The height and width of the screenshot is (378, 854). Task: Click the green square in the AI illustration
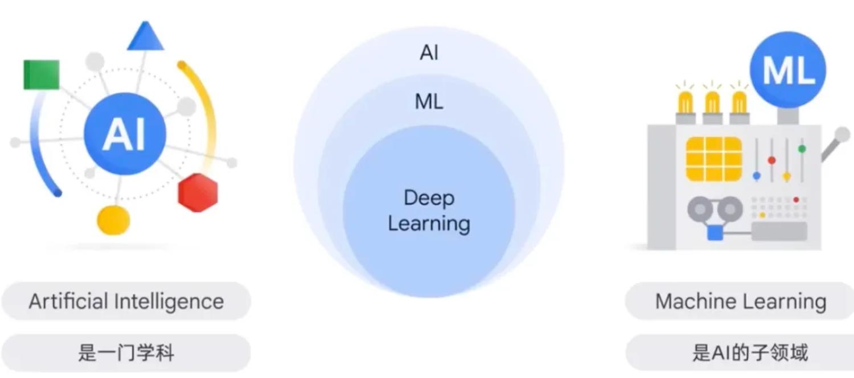click(x=42, y=75)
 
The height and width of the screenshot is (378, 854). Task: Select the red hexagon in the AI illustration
click(x=198, y=192)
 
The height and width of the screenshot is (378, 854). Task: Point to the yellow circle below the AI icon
click(x=113, y=220)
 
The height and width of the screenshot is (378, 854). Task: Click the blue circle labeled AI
click(x=125, y=134)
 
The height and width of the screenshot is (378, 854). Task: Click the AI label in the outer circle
click(x=429, y=52)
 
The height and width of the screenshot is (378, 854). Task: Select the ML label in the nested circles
click(x=429, y=102)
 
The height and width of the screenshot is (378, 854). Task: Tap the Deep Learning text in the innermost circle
click(x=429, y=210)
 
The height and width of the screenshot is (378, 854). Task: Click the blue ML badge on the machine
click(x=787, y=69)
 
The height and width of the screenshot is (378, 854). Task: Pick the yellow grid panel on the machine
click(x=714, y=159)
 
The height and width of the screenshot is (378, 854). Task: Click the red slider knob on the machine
click(x=771, y=160)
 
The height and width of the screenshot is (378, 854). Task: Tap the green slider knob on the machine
click(x=802, y=149)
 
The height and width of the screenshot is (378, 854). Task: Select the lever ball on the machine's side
click(x=842, y=134)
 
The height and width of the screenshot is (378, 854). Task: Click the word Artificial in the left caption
click(x=69, y=301)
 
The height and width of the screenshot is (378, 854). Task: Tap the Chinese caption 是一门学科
click(x=126, y=352)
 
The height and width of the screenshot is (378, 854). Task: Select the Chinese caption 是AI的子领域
click(x=750, y=352)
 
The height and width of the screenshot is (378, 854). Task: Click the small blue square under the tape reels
click(x=715, y=232)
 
